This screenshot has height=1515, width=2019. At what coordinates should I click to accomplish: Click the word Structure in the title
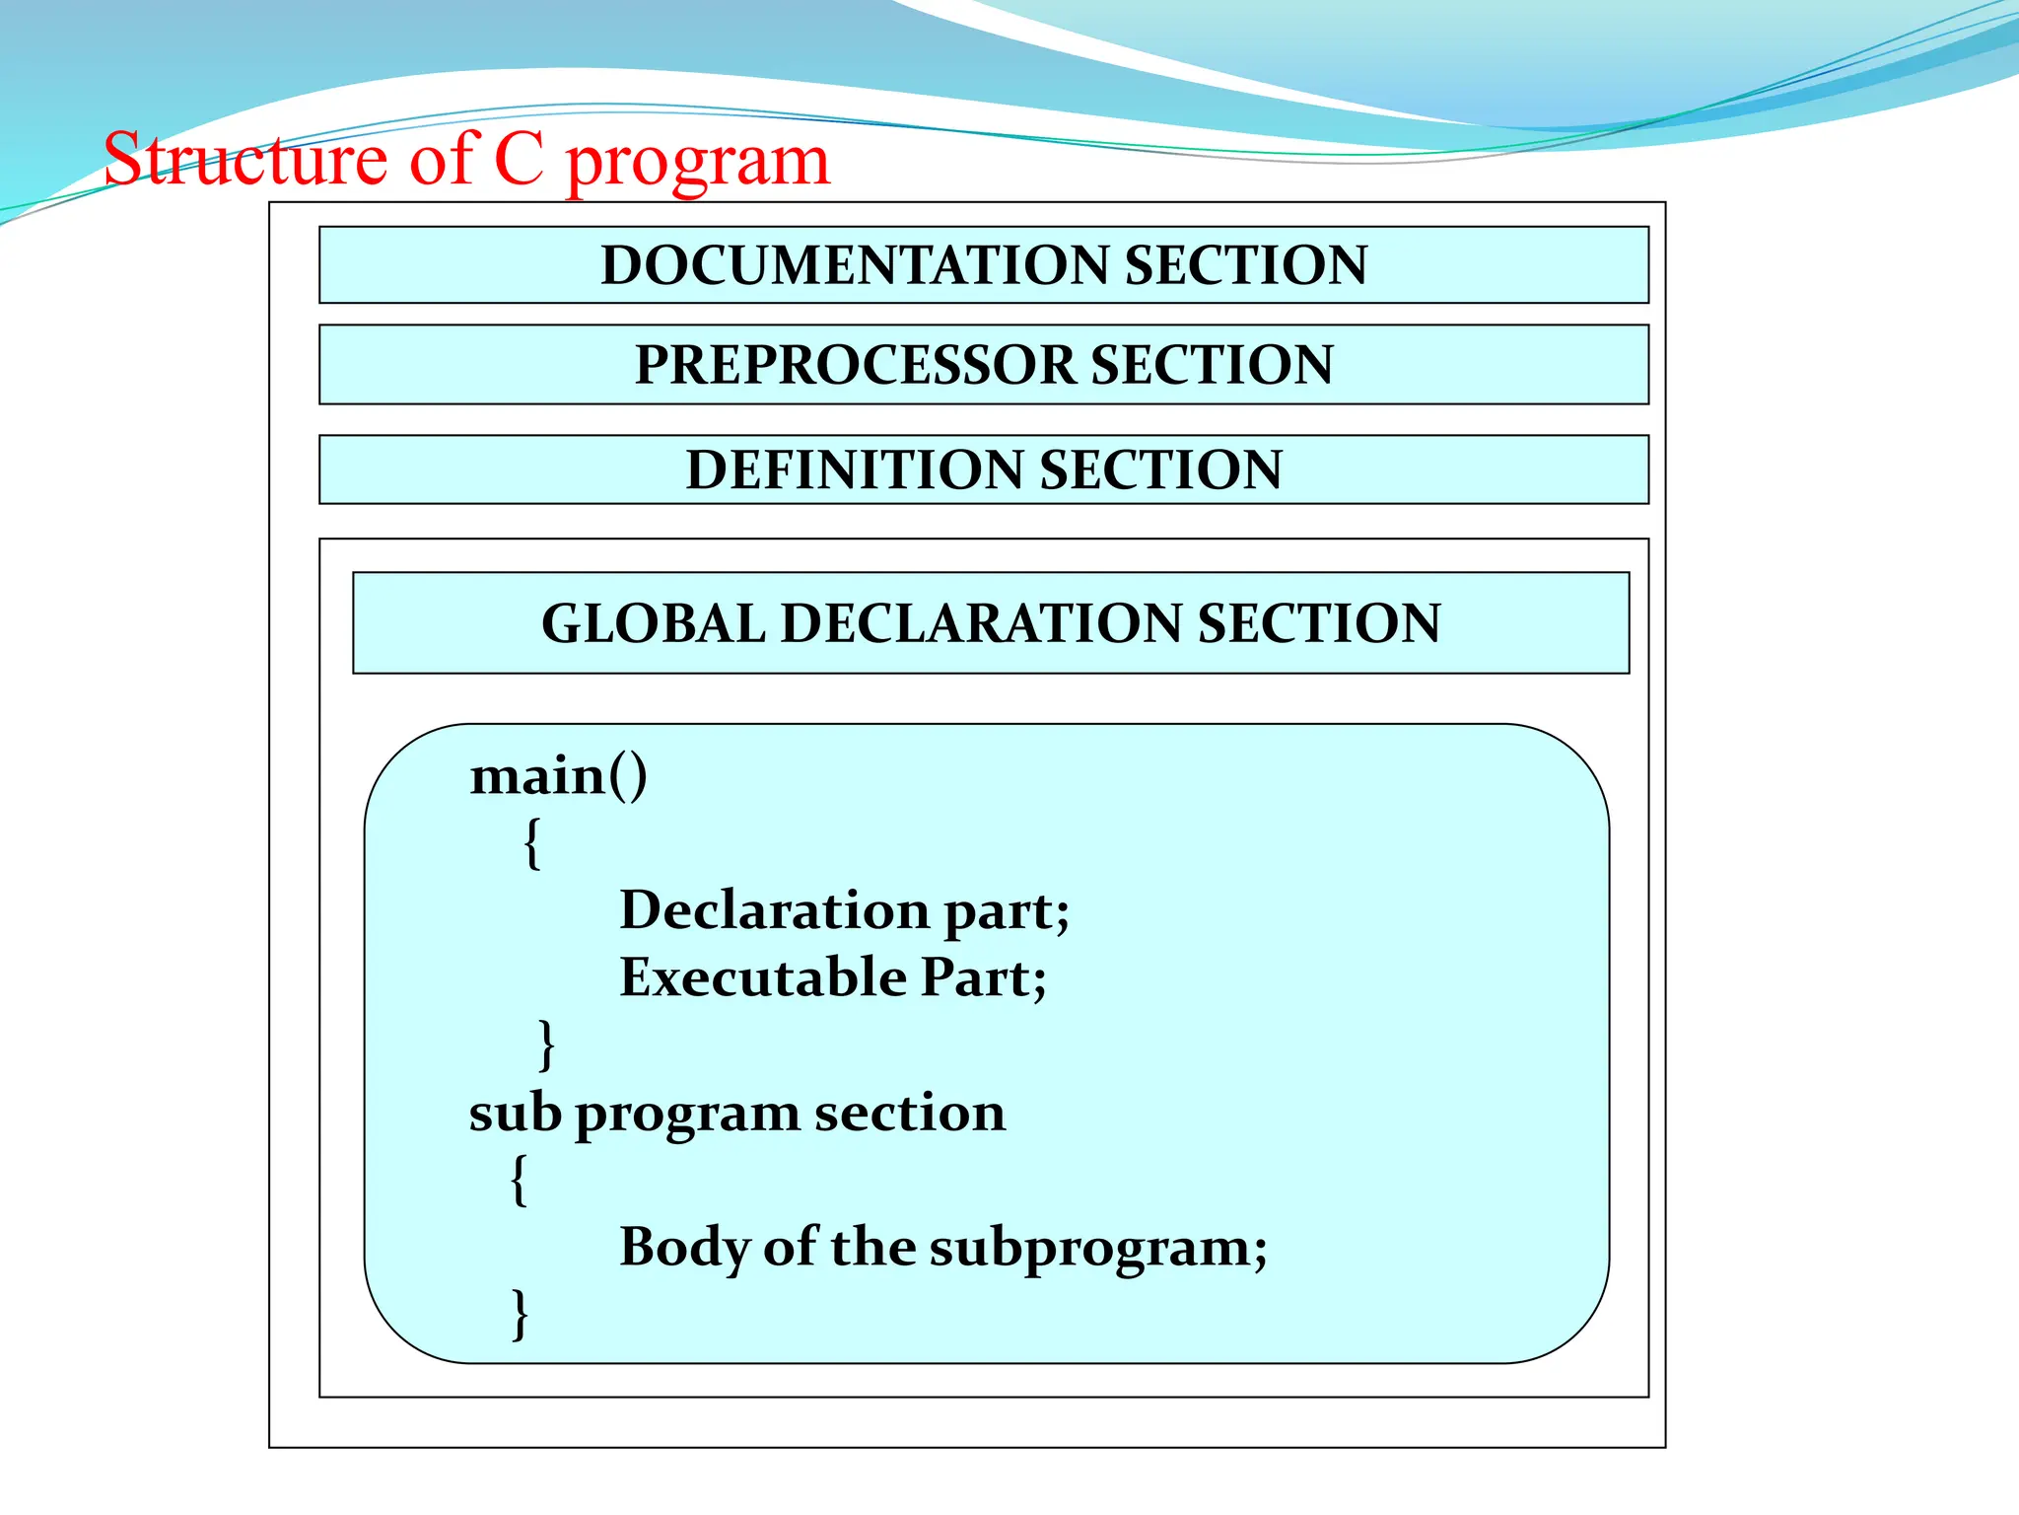[245, 160]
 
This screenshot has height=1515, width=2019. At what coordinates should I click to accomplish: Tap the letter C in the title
[519, 160]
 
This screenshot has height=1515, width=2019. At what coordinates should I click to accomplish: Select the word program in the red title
[698, 164]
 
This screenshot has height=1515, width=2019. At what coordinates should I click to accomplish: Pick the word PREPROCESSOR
[855, 365]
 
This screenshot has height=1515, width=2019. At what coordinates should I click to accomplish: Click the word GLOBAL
[653, 623]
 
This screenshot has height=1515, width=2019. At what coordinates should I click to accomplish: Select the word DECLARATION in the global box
[980, 623]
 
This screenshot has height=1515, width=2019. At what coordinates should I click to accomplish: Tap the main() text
[558, 776]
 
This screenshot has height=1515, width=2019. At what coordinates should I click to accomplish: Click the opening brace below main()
[532, 843]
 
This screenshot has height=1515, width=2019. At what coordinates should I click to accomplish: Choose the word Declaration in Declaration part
[774, 909]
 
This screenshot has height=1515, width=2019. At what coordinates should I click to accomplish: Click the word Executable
[763, 977]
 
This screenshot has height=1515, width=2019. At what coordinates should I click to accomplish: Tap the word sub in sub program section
[515, 1113]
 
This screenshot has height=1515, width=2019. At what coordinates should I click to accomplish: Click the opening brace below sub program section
[520, 1180]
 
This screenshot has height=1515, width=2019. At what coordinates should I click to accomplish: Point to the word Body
[684, 1248]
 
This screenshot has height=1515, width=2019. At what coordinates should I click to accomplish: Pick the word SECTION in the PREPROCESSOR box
[1212, 365]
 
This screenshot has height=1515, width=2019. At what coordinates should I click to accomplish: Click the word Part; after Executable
[983, 977]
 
